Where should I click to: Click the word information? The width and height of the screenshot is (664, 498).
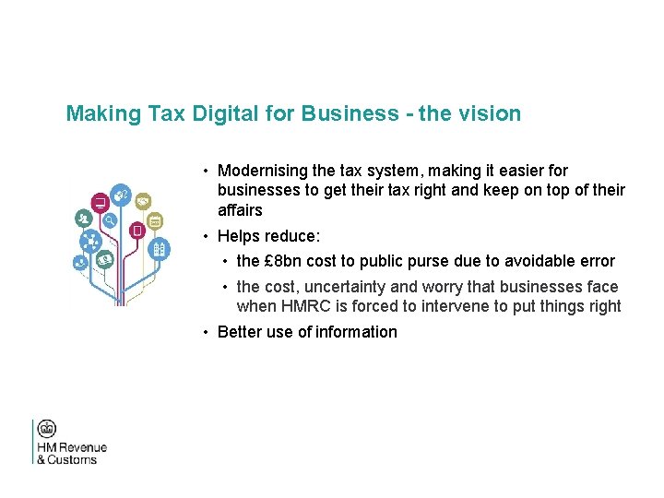pos(356,332)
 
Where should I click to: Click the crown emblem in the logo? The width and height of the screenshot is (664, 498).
pos(46,429)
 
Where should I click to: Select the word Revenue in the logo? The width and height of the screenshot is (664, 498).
pos(85,447)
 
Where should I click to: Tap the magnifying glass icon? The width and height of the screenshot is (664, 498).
pos(110,220)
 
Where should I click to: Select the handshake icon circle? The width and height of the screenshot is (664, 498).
pos(144,200)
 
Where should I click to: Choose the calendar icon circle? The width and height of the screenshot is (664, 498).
pos(155,221)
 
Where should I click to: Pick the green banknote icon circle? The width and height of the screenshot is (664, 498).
pos(105,260)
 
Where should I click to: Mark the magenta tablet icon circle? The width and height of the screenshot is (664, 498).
pos(136,229)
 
